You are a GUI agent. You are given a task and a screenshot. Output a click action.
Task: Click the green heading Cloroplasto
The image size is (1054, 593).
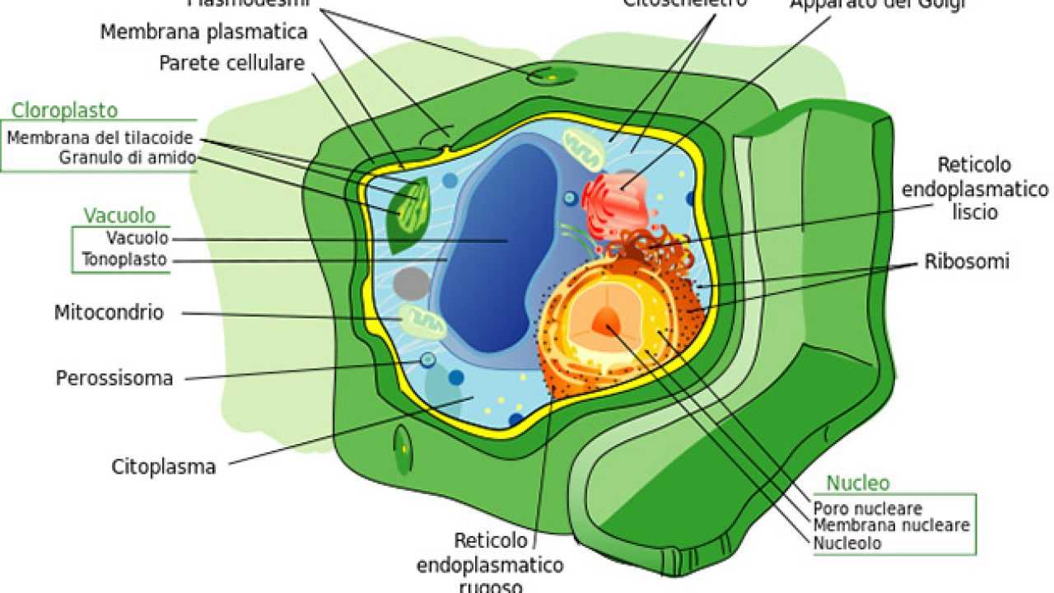click(64, 110)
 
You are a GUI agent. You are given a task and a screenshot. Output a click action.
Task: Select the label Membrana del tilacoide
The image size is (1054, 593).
click(100, 138)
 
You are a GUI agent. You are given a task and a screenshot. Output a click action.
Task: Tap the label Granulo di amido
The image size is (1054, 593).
click(127, 157)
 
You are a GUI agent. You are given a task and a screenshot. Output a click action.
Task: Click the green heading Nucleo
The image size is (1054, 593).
click(858, 483)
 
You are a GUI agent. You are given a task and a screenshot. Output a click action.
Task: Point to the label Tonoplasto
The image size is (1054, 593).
click(124, 260)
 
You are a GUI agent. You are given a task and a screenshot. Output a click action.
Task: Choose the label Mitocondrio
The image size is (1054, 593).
click(109, 313)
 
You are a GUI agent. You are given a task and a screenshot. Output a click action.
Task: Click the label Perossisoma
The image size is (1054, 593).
click(114, 378)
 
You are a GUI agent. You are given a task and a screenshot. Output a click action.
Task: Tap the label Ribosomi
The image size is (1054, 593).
click(967, 262)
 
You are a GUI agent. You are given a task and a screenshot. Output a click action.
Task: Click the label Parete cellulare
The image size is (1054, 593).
click(231, 63)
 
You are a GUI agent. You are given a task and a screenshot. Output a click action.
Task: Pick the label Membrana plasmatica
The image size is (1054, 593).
click(203, 32)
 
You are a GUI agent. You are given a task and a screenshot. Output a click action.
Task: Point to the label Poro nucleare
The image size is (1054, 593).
click(867, 508)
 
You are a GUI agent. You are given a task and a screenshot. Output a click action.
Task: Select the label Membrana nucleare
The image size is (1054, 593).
click(891, 525)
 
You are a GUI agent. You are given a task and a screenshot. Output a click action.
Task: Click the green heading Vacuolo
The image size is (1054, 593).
click(119, 216)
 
